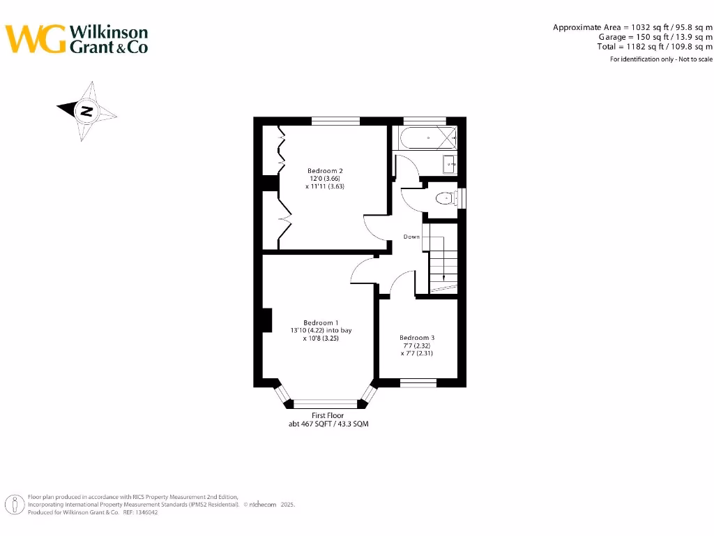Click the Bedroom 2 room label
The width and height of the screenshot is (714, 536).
(325, 170)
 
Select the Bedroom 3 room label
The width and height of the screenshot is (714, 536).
(417, 338)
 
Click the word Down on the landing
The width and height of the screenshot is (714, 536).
(411, 237)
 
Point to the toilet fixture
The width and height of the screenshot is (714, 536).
(443, 199)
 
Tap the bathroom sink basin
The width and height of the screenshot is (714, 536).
(450, 165)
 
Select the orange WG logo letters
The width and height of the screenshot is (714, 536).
(36, 39)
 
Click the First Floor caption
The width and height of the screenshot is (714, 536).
(328, 415)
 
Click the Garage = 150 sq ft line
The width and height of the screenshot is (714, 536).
(655, 36)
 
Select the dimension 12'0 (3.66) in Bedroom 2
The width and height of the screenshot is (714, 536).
(325, 179)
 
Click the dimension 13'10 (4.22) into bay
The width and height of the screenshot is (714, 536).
(321, 330)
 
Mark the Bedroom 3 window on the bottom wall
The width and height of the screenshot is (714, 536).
(418, 382)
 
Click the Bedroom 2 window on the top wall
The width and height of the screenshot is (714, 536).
(335, 121)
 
